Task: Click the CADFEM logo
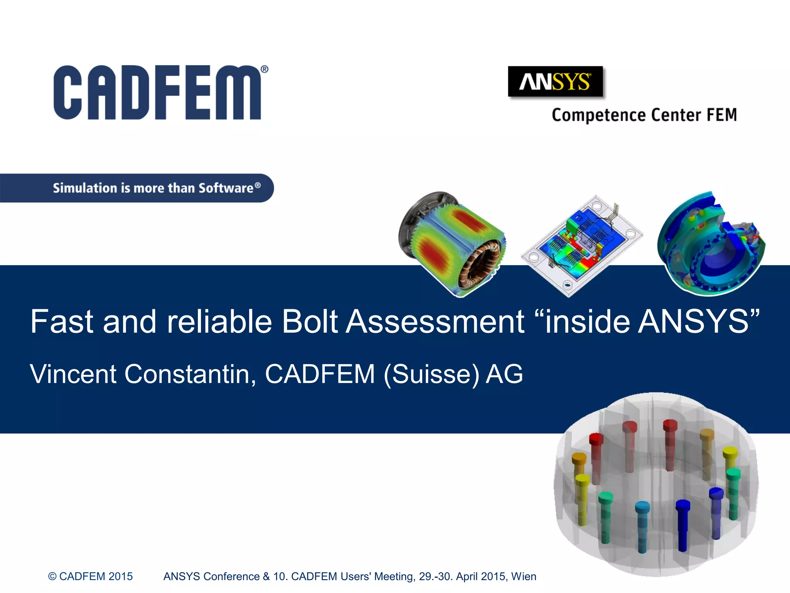coord(157,93)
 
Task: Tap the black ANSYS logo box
coord(555,81)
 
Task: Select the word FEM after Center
coord(721,115)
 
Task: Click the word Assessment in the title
coord(435,322)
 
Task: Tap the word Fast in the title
coord(62,322)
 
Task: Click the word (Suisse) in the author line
coord(432,374)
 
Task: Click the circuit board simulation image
coord(582,246)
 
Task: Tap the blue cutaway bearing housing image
coord(711,244)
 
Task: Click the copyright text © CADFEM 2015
coord(90,576)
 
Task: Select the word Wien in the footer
coord(523,576)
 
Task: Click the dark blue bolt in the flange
coord(682,525)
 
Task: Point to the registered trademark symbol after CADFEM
coord(265,69)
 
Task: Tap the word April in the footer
coord(467,576)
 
